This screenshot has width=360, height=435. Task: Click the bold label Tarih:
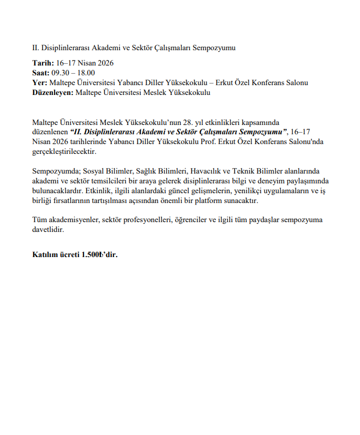43,63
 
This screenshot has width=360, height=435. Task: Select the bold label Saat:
41,73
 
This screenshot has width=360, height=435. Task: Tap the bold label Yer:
39,83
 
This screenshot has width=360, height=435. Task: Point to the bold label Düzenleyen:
53,93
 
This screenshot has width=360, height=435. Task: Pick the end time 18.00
86,73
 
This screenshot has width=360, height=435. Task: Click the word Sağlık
145,171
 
